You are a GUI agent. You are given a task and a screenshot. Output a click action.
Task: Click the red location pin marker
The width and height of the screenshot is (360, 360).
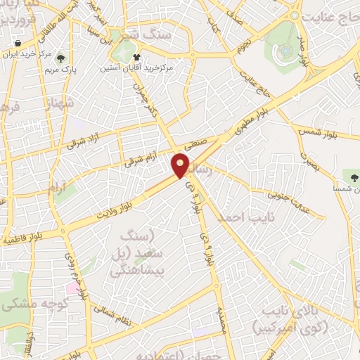(181, 166)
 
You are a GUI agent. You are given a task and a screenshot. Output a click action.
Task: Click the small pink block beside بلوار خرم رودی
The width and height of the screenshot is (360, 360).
(72, 288)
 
